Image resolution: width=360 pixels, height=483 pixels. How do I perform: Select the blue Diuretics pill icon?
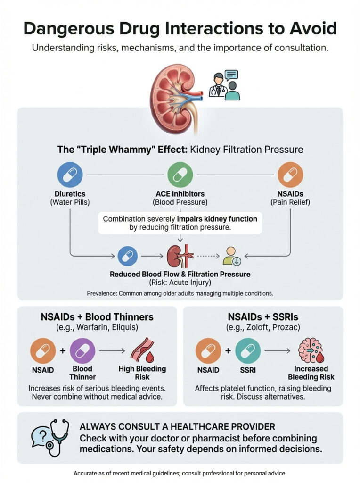point(70,175)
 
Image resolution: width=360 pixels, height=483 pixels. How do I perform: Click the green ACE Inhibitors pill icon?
point(180,175)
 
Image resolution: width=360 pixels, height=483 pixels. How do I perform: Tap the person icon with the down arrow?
point(232,256)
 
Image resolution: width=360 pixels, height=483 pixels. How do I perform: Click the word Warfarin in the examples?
point(85,328)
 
